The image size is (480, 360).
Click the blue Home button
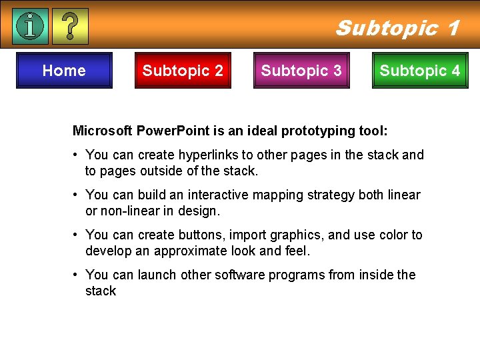pyautogui.click(x=64, y=71)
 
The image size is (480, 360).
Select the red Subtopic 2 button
pyautogui.click(x=183, y=71)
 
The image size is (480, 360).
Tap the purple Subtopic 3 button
pyautogui.click(x=301, y=71)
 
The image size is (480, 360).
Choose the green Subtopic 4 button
pyautogui.click(x=420, y=71)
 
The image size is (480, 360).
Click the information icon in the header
pyautogui.click(x=31, y=26)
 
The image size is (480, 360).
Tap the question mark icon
pyautogui.click(x=69, y=26)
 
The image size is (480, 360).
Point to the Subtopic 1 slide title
pyautogui.click(x=397, y=28)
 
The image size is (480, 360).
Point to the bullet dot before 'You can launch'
pyautogui.click(x=78, y=275)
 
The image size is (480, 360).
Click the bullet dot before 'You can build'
pyautogui.click(x=78, y=195)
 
